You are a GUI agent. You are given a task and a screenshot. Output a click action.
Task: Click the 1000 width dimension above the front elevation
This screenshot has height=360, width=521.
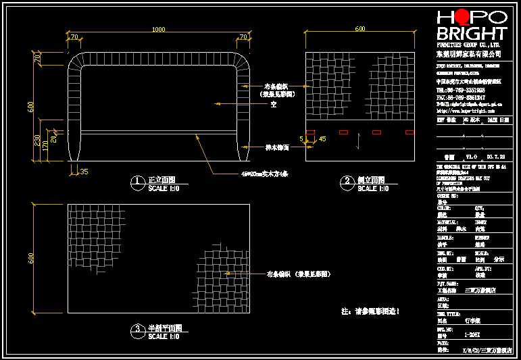[x=158, y=29]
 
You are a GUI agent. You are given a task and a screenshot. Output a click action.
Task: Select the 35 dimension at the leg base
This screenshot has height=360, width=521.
[x=84, y=172]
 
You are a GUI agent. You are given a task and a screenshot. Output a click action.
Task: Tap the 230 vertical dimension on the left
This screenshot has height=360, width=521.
[x=38, y=140]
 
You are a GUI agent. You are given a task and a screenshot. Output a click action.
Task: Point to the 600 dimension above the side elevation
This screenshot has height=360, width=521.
[x=359, y=29]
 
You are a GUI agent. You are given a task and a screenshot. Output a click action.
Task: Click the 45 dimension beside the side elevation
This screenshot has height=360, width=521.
[x=322, y=138]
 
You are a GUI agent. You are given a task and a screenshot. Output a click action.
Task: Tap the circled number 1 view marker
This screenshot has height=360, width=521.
[x=137, y=181]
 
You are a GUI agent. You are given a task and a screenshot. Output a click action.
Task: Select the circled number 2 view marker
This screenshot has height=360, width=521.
[x=347, y=181]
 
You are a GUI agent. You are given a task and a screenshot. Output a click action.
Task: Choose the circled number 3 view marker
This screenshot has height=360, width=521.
[x=137, y=329]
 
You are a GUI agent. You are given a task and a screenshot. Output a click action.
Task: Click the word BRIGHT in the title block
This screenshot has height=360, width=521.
[x=471, y=34]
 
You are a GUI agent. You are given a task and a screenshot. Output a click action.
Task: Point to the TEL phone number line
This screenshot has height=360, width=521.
[x=461, y=89]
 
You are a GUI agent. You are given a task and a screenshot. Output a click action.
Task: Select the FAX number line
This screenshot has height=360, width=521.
[x=461, y=97]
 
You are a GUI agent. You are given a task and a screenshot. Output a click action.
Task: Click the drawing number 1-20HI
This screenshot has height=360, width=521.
[x=472, y=334]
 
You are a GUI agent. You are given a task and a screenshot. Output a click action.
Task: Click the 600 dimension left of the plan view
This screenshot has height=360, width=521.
[x=30, y=259]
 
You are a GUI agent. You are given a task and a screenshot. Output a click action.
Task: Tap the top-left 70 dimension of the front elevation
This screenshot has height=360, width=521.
[x=74, y=36]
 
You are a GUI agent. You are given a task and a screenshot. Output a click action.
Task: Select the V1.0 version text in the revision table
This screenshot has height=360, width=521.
[x=472, y=156]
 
